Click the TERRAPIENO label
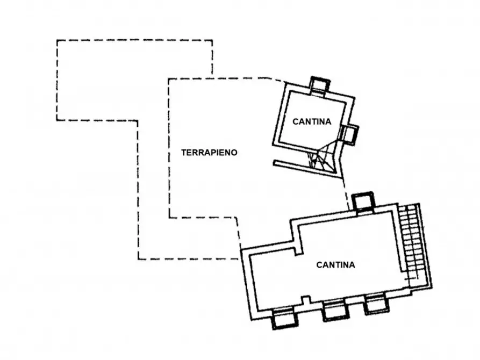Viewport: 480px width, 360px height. pos(209,153)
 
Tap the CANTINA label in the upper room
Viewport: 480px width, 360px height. pos(312,122)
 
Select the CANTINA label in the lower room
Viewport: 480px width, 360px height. pos(335,265)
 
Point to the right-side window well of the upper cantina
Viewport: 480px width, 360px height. pos(349,134)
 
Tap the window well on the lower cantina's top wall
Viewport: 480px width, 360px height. pos(361,202)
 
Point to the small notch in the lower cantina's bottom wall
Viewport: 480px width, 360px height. pos(305,299)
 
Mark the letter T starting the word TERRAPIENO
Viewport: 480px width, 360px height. pos(183,153)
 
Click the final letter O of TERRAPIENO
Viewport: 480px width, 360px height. pos(234,153)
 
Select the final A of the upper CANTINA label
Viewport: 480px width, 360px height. pos(328,122)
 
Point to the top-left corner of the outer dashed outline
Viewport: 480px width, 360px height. pos(57,40)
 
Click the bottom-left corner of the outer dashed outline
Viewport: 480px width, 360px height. pos(139,260)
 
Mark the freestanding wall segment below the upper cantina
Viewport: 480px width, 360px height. pos(304,166)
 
